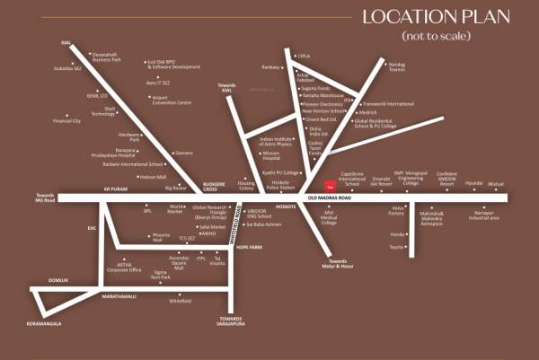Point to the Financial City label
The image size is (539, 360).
(66, 120)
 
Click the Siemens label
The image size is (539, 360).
(184, 153)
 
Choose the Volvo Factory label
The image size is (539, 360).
(396, 212)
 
